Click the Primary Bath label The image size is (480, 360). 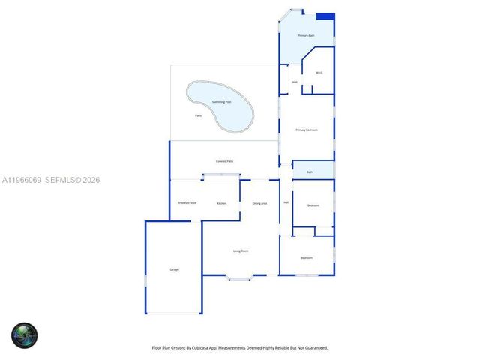coord(306,36)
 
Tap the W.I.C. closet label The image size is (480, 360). coord(319,73)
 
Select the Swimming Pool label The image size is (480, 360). coord(221,101)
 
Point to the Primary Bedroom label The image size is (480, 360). coord(307,130)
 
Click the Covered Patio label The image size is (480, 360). coord(224,161)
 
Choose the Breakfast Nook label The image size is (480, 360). coord(187,203)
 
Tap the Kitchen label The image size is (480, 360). coord(222,204)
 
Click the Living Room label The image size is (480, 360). coord(241,250)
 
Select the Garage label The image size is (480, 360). coord(173,269)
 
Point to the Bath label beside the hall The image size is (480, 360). coord(310,172)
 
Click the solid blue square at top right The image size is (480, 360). coord(325,16)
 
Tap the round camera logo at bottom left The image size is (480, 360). coord(24,335)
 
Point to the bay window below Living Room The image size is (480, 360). coord(240,279)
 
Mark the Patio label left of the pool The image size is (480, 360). coord(198,115)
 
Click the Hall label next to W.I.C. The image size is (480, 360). coord(295,82)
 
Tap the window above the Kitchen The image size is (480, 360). coord(221,177)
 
